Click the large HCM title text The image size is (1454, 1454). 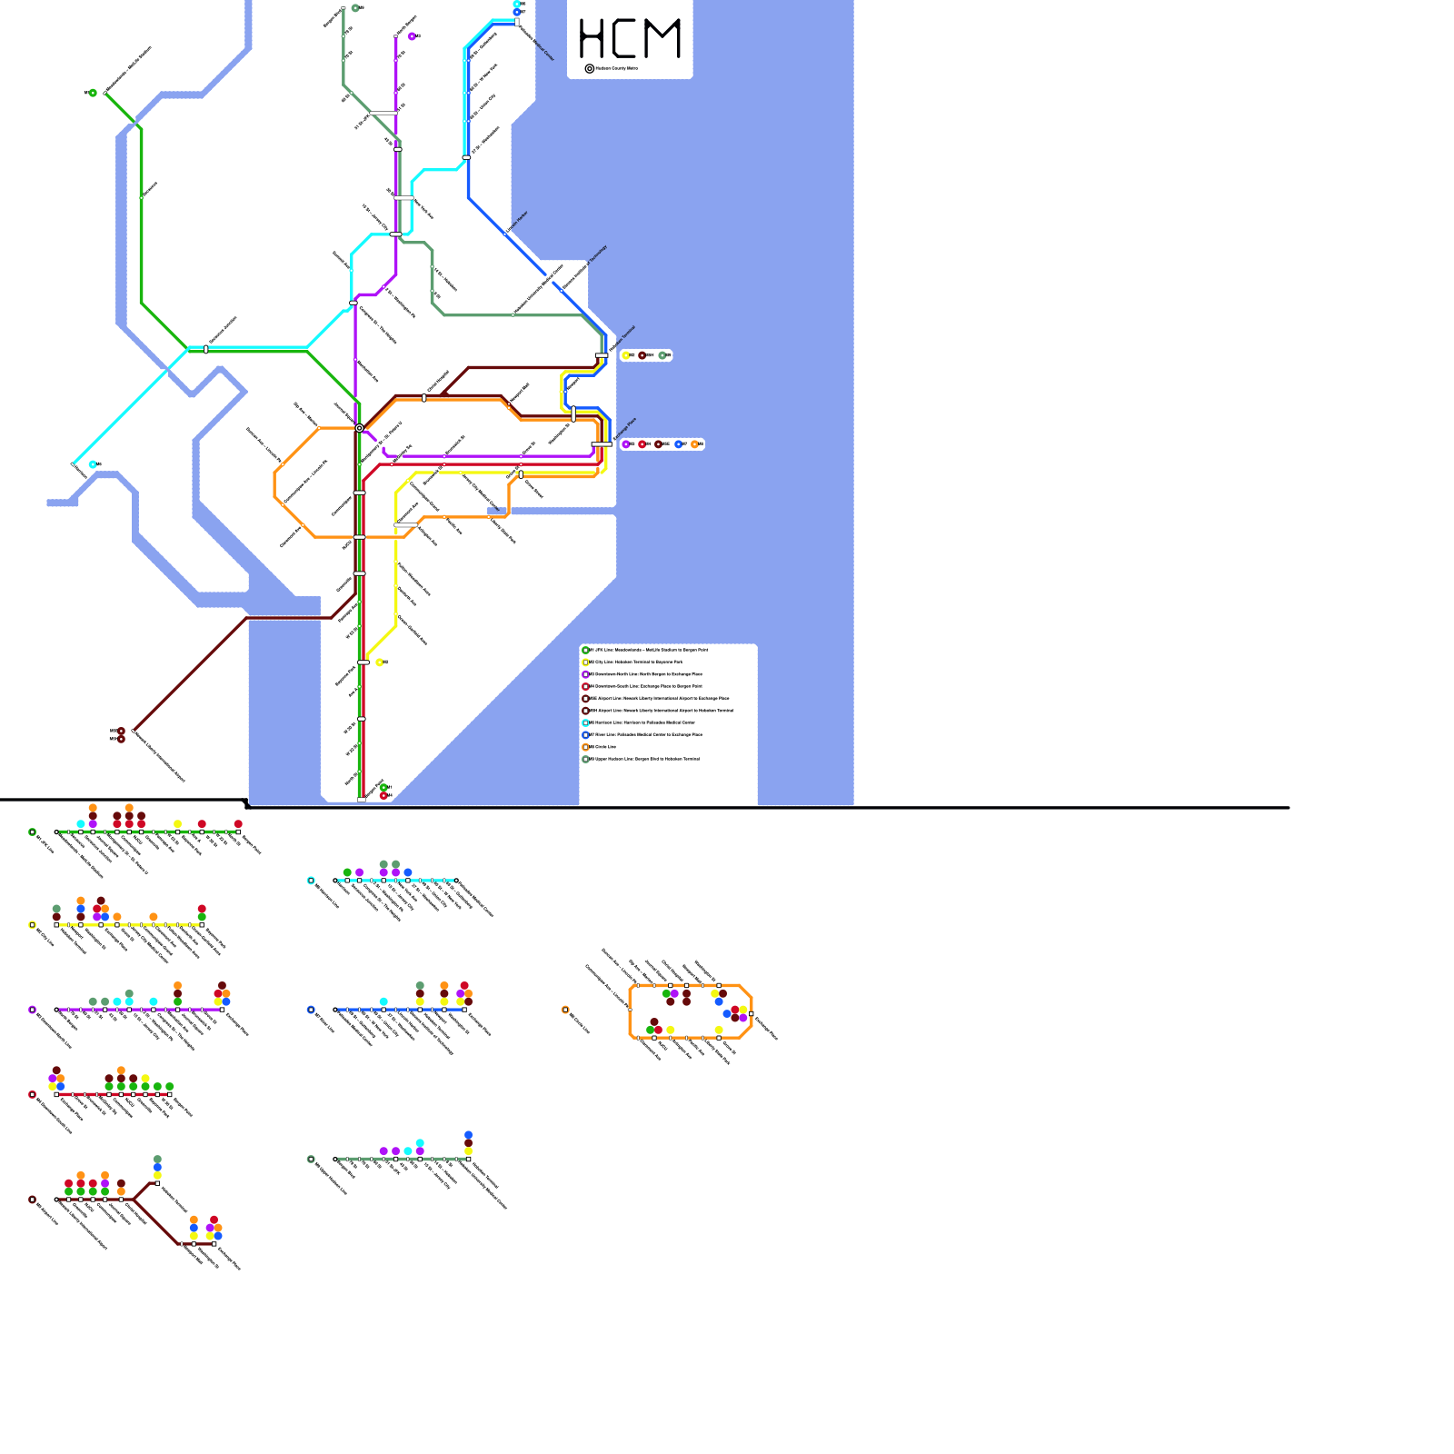(630, 39)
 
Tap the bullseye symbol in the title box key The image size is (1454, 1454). (589, 68)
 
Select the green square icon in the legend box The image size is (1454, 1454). (586, 650)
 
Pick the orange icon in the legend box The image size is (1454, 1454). (586, 747)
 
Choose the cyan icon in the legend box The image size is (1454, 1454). (586, 722)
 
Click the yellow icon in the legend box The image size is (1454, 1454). (586, 662)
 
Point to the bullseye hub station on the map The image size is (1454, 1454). (360, 428)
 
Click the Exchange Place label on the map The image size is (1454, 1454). (625, 428)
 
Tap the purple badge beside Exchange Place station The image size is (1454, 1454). (625, 444)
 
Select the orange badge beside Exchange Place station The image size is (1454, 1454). (695, 444)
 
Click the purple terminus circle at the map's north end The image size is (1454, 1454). (412, 36)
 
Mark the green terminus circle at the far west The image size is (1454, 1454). (93, 93)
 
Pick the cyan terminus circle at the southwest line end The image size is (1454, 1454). (93, 464)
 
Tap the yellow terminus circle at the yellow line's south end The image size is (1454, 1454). (380, 662)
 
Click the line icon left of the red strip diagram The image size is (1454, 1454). (33, 1095)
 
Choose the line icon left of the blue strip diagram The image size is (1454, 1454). (311, 1010)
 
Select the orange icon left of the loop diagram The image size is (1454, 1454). (565, 1010)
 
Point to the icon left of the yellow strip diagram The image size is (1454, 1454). (33, 925)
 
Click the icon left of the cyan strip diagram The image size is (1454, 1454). (311, 881)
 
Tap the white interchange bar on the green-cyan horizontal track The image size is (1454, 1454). (206, 349)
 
